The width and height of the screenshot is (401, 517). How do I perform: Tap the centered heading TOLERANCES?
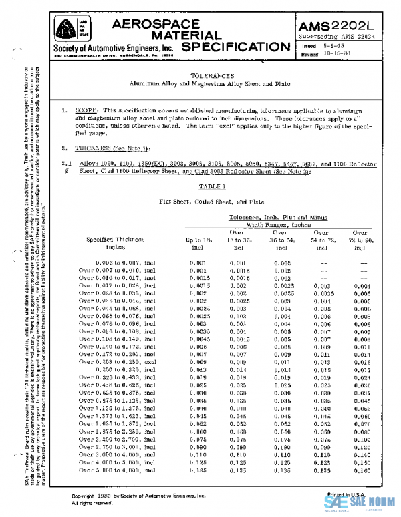coord(213,76)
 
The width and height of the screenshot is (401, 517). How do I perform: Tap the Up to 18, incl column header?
coord(198,242)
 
